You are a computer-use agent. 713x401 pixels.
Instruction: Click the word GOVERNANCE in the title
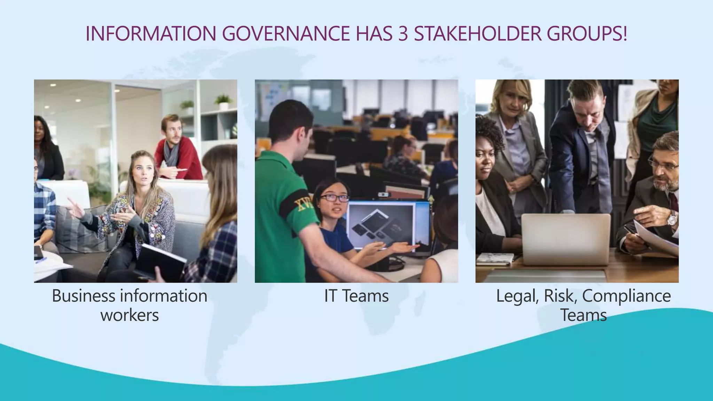tap(285, 34)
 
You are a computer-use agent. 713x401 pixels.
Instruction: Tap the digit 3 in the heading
tap(403, 34)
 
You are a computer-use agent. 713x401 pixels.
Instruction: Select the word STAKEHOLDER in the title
tap(477, 34)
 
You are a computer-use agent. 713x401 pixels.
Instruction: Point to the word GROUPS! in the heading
tap(587, 34)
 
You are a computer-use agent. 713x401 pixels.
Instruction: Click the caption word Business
tap(84, 296)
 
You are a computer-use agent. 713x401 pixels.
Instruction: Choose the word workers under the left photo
tap(130, 315)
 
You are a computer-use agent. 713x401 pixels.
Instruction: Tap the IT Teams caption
tap(356, 296)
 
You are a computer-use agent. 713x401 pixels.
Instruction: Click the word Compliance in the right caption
tap(626, 296)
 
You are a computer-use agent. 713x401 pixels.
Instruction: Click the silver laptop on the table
tap(566, 238)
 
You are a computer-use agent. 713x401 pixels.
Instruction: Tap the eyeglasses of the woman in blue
tap(334, 198)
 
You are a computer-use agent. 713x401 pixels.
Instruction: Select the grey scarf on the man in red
tap(171, 153)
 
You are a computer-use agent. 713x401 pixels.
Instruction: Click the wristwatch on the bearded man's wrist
tap(672, 219)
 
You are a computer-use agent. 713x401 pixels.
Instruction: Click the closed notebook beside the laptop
tap(495, 258)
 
